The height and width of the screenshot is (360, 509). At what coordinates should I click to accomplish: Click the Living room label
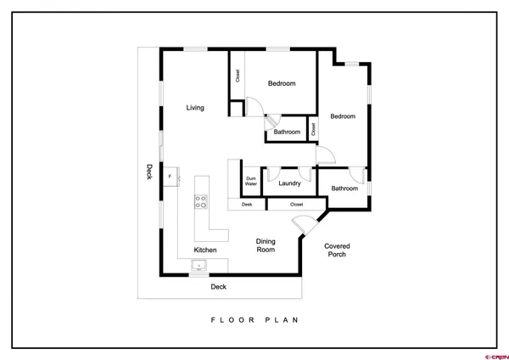pyautogui.click(x=195, y=107)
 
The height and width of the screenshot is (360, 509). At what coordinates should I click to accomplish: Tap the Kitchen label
pyautogui.click(x=205, y=250)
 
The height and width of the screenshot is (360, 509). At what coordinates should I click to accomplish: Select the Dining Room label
pyautogui.click(x=266, y=245)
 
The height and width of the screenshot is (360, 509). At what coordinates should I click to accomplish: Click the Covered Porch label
pyautogui.click(x=337, y=250)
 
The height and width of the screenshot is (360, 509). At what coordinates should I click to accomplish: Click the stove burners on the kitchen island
pyautogui.click(x=202, y=201)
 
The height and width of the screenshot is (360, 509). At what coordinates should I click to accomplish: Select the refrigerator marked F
pyautogui.click(x=171, y=176)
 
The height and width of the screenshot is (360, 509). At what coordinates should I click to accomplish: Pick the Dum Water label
pyautogui.click(x=251, y=181)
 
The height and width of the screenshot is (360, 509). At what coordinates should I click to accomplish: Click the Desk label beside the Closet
pyautogui.click(x=247, y=205)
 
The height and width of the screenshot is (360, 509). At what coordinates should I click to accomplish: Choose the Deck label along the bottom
pyautogui.click(x=219, y=286)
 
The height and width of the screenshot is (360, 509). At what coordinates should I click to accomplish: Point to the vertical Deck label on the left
pyautogui.click(x=148, y=171)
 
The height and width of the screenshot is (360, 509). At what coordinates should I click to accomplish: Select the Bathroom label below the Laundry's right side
pyautogui.click(x=344, y=188)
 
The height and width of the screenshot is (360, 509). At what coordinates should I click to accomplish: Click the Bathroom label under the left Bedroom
pyautogui.click(x=287, y=132)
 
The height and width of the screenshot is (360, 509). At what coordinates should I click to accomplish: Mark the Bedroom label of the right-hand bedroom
pyautogui.click(x=343, y=116)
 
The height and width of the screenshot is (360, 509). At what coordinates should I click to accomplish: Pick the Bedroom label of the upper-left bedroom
pyautogui.click(x=282, y=83)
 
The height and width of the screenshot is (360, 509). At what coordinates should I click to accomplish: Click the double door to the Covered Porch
pyautogui.click(x=301, y=224)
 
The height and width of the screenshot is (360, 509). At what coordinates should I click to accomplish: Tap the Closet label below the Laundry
pyautogui.click(x=296, y=205)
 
